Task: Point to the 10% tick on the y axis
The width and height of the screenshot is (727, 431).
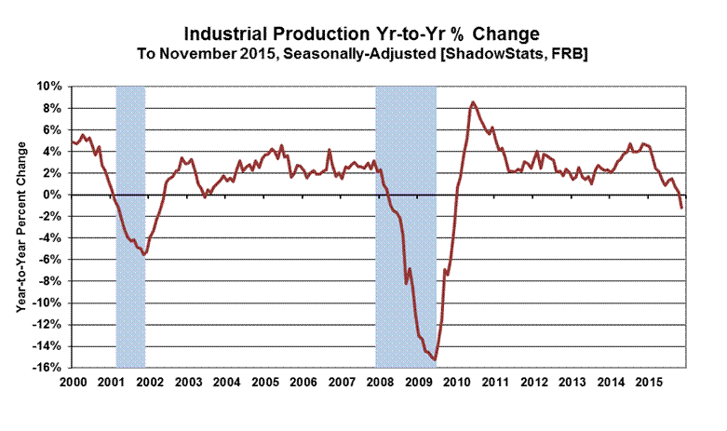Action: (x=49, y=87)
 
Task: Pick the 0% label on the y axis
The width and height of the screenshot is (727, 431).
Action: (x=53, y=195)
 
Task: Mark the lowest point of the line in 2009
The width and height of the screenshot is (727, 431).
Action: (x=435, y=360)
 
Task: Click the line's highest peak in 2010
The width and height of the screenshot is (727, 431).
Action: (x=474, y=102)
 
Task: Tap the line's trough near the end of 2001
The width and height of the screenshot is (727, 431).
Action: (x=144, y=254)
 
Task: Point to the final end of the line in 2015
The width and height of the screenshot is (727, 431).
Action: (x=681, y=207)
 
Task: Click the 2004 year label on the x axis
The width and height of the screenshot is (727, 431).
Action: (x=225, y=384)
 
